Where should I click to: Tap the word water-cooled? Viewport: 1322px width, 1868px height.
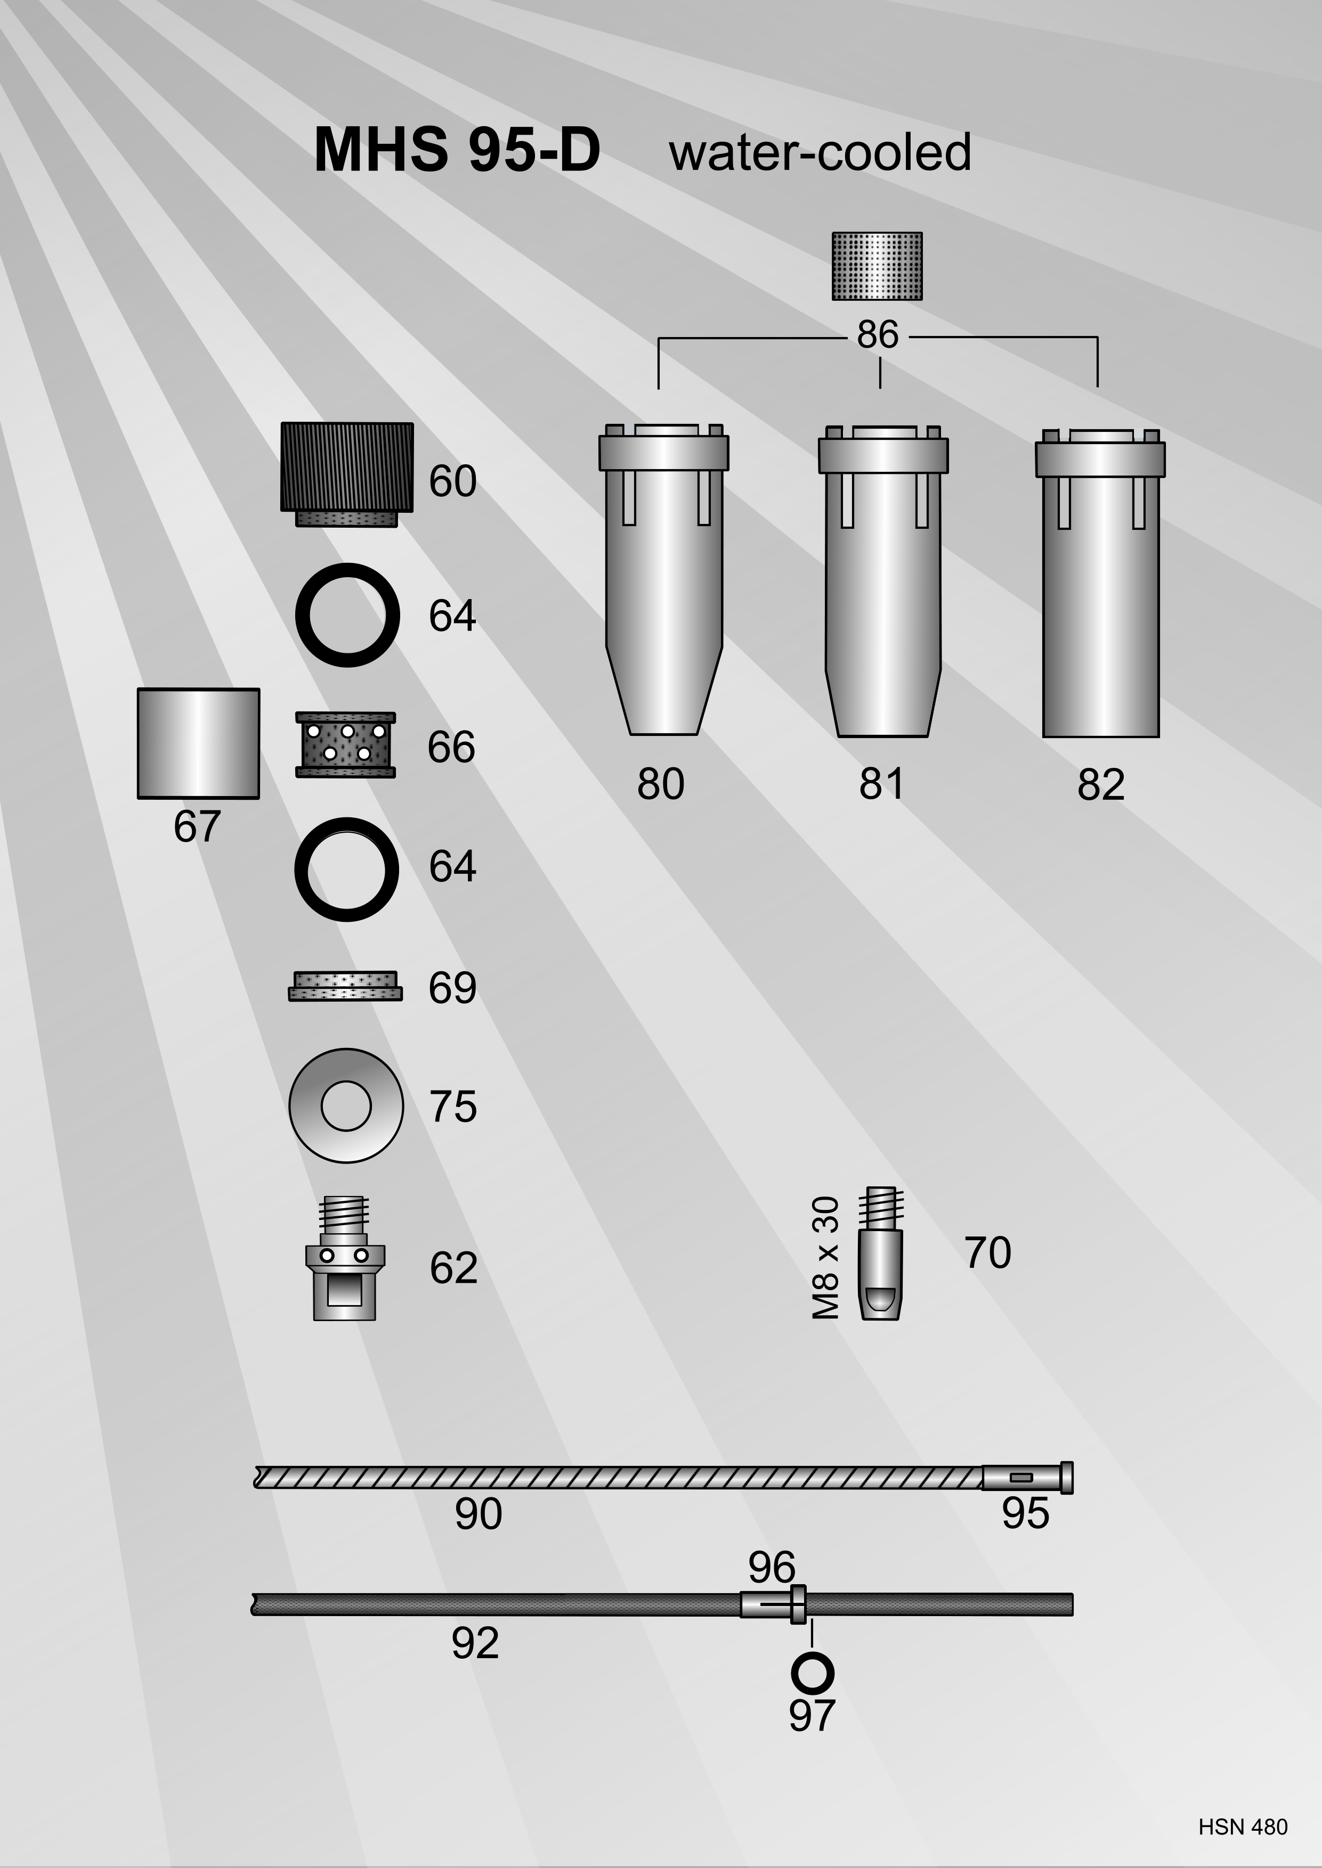tap(820, 152)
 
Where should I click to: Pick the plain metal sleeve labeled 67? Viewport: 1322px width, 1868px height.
tap(199, 743)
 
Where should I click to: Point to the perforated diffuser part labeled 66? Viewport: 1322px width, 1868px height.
tap(345, 744)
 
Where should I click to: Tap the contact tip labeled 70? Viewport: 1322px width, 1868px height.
tap(880, 1253)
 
